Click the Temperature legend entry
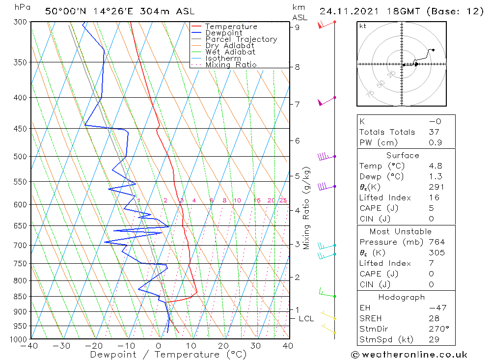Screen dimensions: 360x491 click(231, 27)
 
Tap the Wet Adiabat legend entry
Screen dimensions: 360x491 click(230, 52)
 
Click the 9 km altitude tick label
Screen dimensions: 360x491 click(297, 28)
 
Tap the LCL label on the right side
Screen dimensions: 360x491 click(306, 319)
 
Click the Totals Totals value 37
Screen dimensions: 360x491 click(434, 132)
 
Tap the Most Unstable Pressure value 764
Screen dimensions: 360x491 click(436, 242)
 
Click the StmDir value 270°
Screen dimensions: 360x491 click(436, 329)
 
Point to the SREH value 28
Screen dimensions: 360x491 click(434, 318)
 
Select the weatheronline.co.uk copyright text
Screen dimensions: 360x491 click(409, 355)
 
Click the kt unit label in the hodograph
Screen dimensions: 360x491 click(362, 26)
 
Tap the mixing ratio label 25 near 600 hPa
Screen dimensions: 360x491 click(283, 200)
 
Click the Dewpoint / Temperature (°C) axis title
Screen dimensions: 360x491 click(168, 355)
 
